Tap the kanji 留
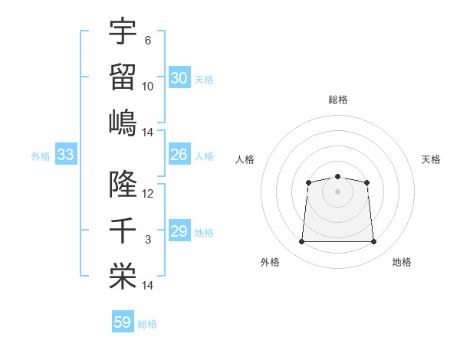tap(123, 77)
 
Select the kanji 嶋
tap(123, 123)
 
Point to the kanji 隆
tap(123, 184)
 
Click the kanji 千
tap(123, 230)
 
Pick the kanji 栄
tap(123, 277)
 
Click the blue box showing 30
tap(179, 78)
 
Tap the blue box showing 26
tap(179, 155)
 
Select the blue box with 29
tap(179, 231)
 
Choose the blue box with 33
tap(65, 155)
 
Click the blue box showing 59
tap(122, 322)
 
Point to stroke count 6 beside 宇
tap(148, 41)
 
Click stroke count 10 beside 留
tap(148, 87)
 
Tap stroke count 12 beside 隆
tap(148, 194)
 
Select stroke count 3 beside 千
tap(148, 240)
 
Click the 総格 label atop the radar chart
tap(337, 100)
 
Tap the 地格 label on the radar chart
tap(402, 262)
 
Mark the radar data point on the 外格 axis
tap(301, 242)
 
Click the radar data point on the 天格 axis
tap(367, 182)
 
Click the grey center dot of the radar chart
tap(337, 191)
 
